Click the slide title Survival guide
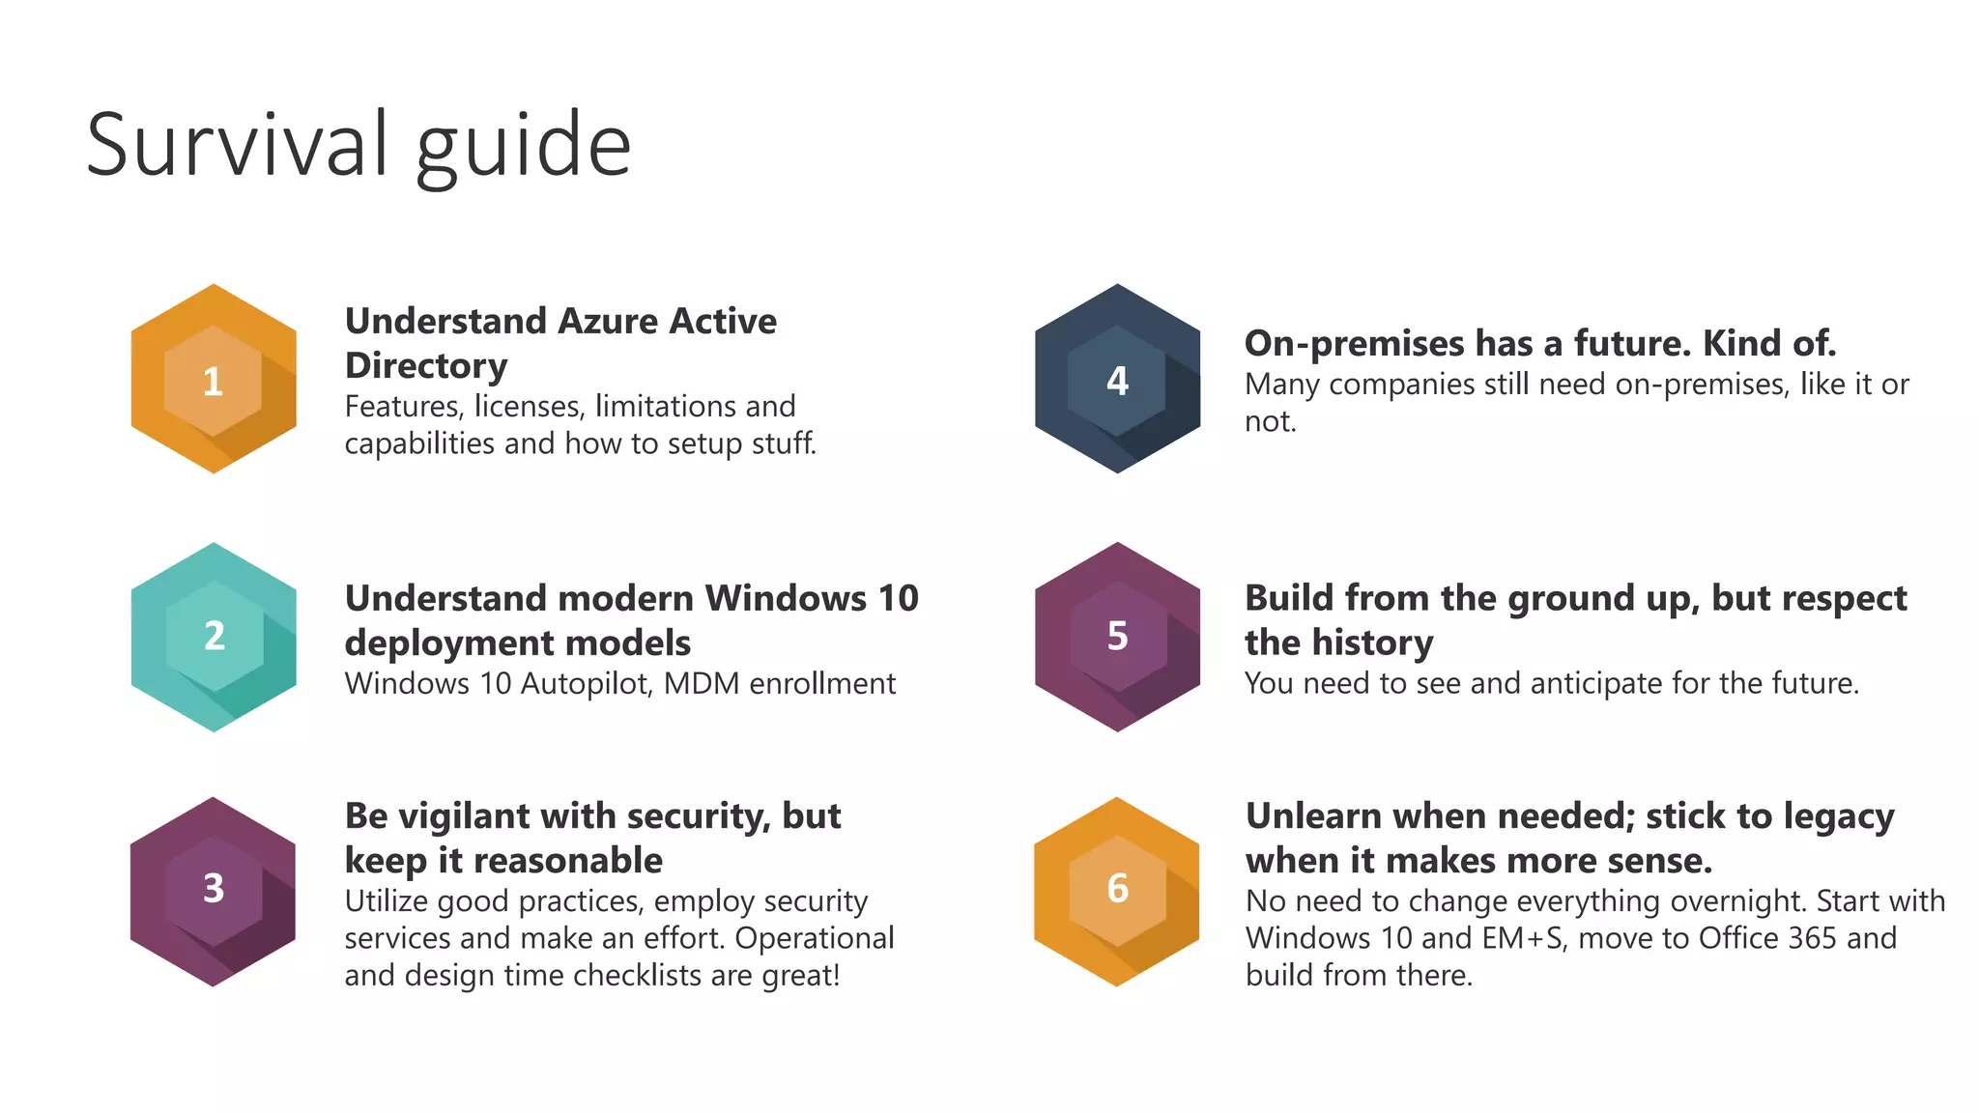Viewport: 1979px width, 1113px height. pos(359,146)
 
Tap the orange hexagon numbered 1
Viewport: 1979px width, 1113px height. pos(214,379)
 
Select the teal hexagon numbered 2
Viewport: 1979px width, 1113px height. pos(214,637)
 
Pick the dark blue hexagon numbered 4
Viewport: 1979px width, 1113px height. pos(1117,379)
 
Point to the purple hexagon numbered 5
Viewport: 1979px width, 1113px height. pos(1117,637)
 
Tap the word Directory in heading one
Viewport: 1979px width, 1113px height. pos(426,366)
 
